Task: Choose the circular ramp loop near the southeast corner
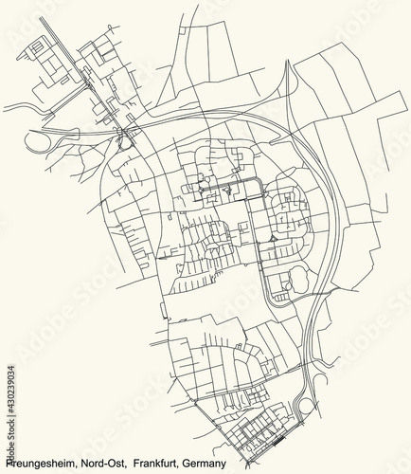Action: [306, 409]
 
